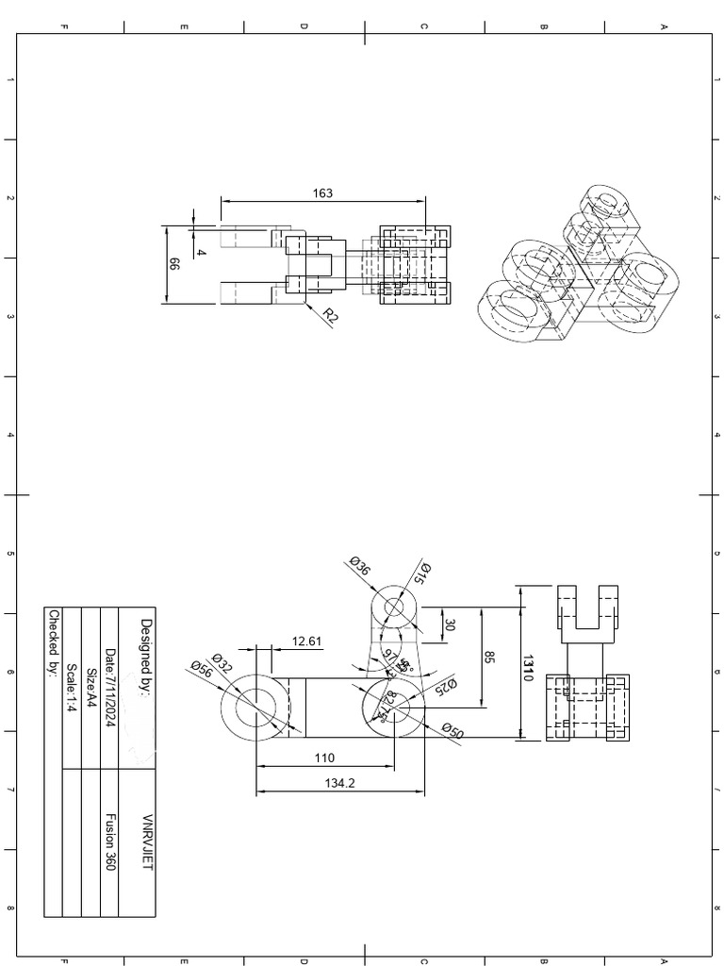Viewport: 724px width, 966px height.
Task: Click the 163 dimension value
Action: coord(322,193)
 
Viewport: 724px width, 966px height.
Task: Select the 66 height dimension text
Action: coord(173,265)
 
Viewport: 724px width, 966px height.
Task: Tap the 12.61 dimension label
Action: coord(306,641)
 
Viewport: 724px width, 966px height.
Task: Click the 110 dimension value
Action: coord(323,758)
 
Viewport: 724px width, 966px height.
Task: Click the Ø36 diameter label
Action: coord(359,566)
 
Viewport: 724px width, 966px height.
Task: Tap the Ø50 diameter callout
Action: coord(452,731)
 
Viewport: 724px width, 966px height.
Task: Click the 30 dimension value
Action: coord(450,625)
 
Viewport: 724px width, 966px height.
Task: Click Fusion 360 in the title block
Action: coord(109,841)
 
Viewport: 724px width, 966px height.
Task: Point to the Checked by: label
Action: coord(53,642)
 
